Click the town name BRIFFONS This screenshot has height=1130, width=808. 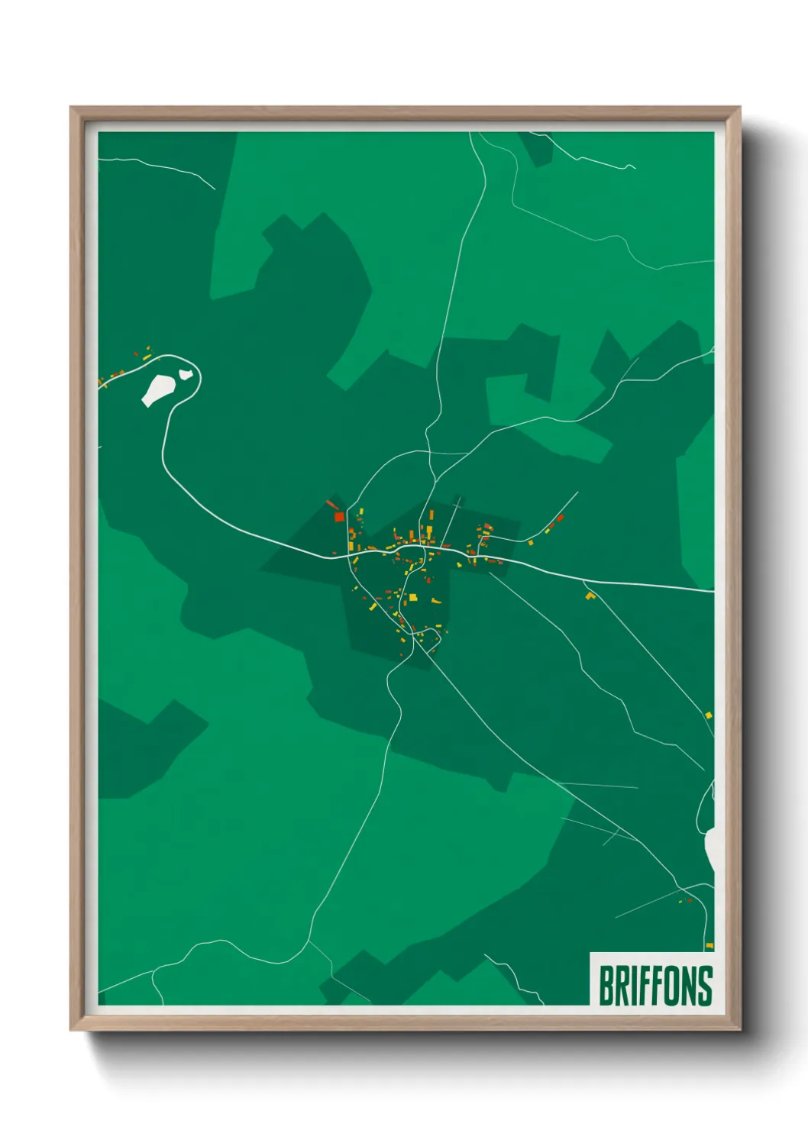pyautogui.click(x=654, y=986)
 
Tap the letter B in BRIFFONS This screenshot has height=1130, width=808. pyautogui.click(x=606, y=986)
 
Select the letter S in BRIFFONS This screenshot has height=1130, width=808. pyautogui.click(x=705, y=986)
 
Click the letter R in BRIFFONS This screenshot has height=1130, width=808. pyautogui.click(x=622, y=986)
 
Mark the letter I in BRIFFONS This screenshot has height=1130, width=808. pyautogui.click(x=633, y=986)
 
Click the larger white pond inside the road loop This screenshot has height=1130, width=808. pyautogui.click(x=157, y=389)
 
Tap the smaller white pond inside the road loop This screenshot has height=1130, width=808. pyautogui.click(x=184, y=374)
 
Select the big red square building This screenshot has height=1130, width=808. pyautogui.click(x=338, y=517)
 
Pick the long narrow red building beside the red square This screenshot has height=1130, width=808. pyautogui.click(x=331, y=504)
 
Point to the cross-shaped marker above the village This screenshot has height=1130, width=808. pyautogui.click(x=457, y=504)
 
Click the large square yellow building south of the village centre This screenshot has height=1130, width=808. pyautogui.click(x=412, y=598)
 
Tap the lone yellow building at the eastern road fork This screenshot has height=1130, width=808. pyautogui.click(x=589, y=596)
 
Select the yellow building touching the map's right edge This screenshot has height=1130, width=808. pyautogui.click(x=709, y=715)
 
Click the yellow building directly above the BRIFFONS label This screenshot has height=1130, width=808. pyautogui.click(x=709, y=946)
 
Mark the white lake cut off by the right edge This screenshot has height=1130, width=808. pyautogui.click(x=710, y=847)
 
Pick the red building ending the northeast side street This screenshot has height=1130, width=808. pyautogui.click(x=560, y=518)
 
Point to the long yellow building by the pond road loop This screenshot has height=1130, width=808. pyautogui.click(x=147, y=357)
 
